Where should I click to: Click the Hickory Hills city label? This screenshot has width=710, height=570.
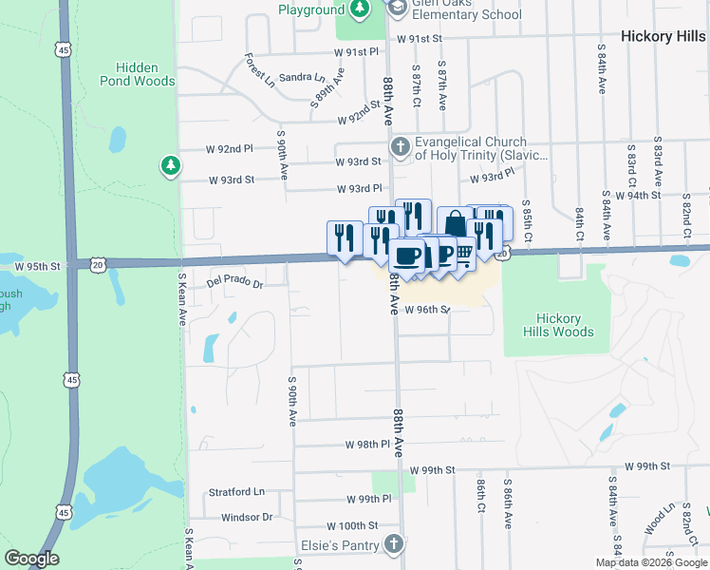663,36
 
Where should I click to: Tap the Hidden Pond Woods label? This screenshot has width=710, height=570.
144,74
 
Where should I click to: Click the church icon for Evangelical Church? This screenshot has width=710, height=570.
401,147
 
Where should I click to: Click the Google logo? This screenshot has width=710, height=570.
31,559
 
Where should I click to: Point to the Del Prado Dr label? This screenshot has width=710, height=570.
234,283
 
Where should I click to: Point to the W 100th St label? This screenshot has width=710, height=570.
352,525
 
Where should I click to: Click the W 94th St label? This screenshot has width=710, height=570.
637,195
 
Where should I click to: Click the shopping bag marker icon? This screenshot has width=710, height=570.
455,224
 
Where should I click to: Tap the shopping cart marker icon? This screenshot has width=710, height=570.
463,255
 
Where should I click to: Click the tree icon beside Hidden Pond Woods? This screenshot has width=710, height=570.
170,166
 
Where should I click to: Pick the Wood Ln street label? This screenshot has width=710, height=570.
656,523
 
